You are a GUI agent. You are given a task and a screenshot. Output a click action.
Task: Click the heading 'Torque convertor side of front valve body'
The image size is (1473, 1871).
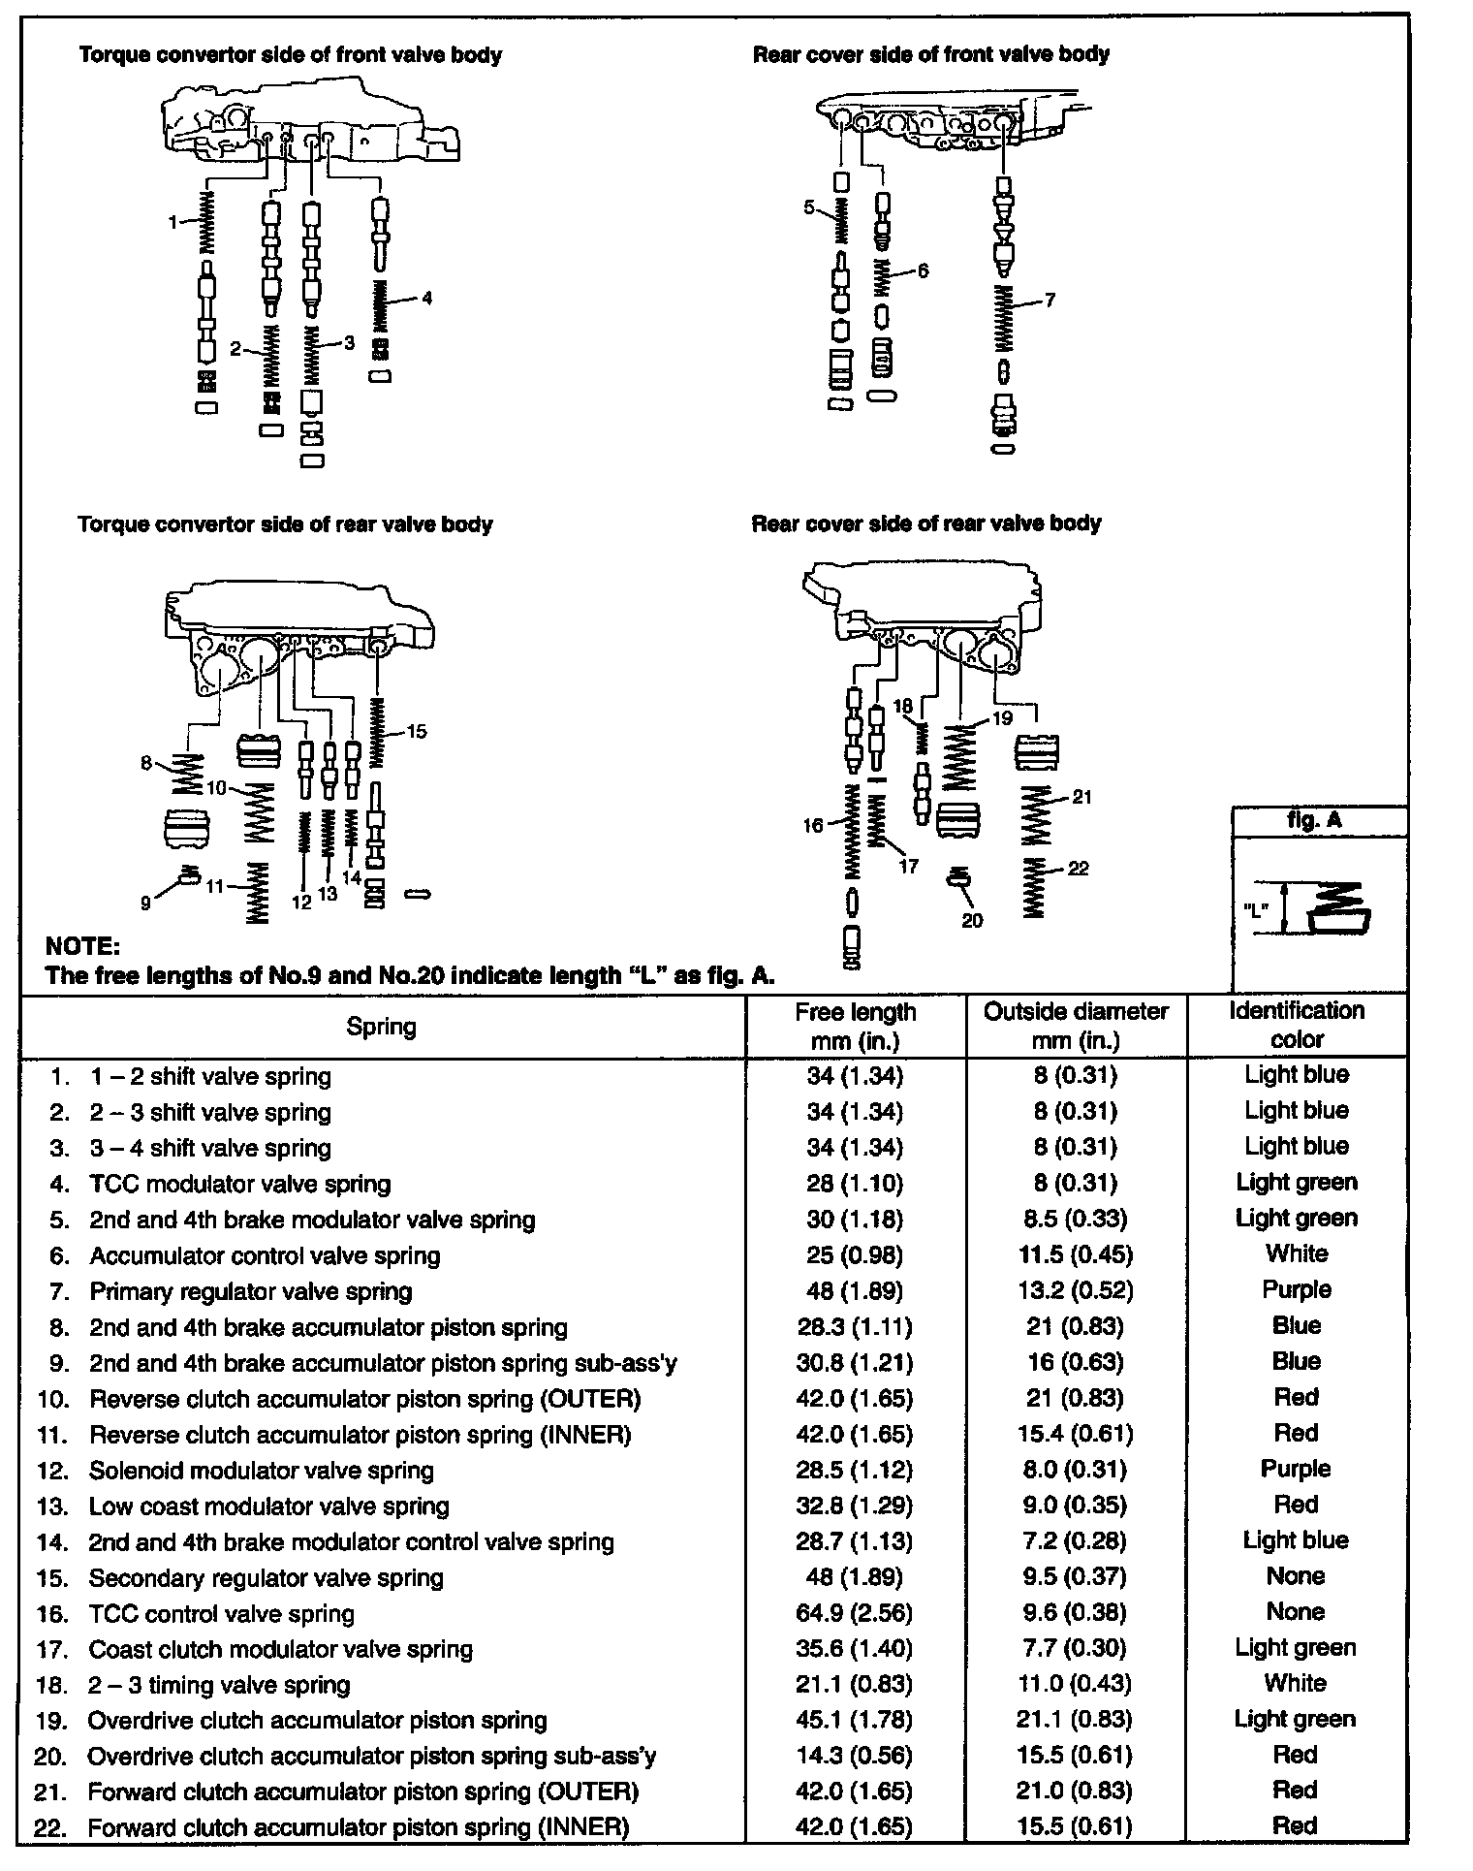click(291, 54)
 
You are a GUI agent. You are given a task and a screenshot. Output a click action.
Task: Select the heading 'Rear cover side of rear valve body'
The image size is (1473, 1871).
click(926, 523)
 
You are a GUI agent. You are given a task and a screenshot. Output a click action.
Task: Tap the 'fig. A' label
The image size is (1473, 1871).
click(1314, 820)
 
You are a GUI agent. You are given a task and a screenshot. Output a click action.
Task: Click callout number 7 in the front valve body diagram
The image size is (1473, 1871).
click(1050, 300)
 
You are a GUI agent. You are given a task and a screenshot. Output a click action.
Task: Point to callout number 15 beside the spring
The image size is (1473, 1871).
click(417, 731)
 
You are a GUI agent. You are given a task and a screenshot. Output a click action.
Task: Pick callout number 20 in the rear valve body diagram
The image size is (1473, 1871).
click(972, 920)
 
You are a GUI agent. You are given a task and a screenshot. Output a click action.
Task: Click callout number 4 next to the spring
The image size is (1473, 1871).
click(426, 298)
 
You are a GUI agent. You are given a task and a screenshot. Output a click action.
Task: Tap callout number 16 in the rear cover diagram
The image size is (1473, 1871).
click(812, 825)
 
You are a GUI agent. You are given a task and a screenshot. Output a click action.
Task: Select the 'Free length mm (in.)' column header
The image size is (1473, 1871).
click(855, 1026)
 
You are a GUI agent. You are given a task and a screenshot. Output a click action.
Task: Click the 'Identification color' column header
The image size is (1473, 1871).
click(1297, 1025)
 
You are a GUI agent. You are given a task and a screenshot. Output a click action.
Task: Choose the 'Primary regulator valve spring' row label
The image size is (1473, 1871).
click(250, 1291)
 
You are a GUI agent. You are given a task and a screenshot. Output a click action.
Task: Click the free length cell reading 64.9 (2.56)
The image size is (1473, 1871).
click(854, 1612)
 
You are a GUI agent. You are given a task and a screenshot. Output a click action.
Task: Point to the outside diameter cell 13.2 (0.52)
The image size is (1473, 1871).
click(1075, 1290)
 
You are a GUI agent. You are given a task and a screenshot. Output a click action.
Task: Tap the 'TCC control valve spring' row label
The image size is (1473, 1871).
click(221, 1614)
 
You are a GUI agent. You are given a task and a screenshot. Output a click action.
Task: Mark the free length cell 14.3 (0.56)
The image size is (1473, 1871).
click(854, 1756)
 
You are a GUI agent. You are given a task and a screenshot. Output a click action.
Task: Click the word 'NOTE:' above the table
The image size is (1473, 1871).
click(83, 945)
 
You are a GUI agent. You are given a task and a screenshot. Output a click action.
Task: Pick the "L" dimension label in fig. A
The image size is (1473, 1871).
click(1257, 908)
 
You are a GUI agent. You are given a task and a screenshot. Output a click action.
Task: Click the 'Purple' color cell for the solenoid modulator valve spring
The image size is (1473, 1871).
click(1296, 1469)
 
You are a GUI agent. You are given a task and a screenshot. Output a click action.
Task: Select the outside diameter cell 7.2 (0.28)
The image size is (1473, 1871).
click(1075, 1540)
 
